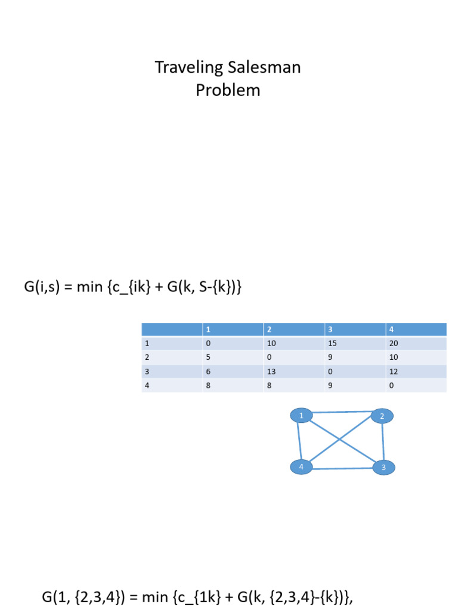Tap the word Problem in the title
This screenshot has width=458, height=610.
(228, 91)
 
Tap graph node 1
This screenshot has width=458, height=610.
(302, 416)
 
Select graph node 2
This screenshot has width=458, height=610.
(382, 416)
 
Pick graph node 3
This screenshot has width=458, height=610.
(383, 468)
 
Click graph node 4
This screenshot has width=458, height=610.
(302, 467)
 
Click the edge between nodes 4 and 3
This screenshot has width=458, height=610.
(342, 469)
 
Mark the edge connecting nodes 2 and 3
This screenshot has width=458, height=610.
(383, 442)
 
